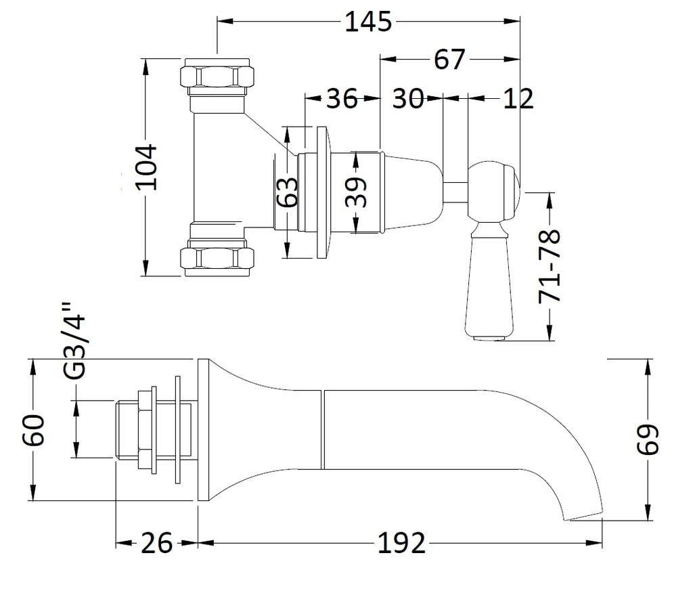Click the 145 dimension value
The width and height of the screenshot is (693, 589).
coord(368,22)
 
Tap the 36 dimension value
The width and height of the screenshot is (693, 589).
coord(342,99)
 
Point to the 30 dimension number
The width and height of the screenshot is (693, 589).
coord(409,99)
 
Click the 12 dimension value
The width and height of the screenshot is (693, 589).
coord(518,99)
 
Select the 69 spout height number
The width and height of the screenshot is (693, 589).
coord(648,440)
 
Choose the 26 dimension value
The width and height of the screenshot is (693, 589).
coord(157,543)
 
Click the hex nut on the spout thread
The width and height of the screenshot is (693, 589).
coord(145,429)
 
